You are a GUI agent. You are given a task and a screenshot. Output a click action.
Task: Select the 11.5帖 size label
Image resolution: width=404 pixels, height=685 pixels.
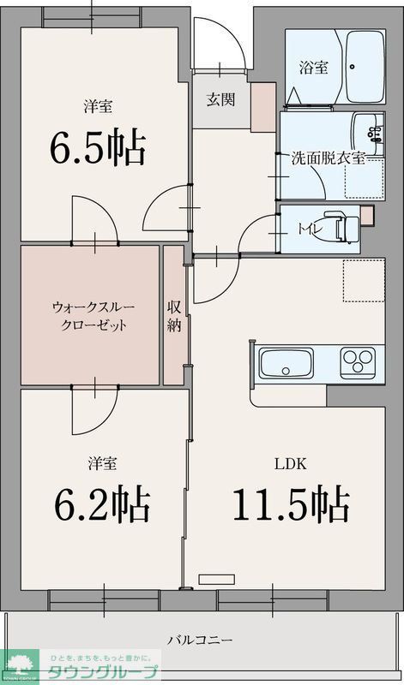coord(290,504)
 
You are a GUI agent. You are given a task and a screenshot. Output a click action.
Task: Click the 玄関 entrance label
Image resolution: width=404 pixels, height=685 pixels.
coord(220,98)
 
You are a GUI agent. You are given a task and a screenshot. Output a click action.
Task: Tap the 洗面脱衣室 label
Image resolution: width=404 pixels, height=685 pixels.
coord(329,158)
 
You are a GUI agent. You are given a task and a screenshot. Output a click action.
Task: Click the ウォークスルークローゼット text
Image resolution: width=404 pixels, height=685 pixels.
coord(91,315)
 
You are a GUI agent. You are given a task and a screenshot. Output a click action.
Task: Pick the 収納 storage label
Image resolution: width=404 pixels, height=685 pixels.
coord(174,315)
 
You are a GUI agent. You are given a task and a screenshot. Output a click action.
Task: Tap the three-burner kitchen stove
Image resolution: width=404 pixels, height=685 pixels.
coord(358,363)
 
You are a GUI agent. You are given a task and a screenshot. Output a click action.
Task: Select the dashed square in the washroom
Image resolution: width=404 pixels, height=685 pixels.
coord(361,178)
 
